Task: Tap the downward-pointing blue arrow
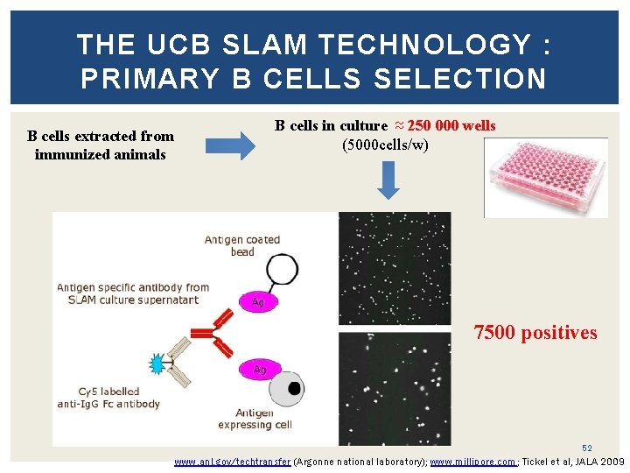[x=391, y=181]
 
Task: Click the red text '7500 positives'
[x=535, y=333]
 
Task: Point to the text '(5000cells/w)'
[x=385, y=144]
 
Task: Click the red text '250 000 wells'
[x=451, y=125]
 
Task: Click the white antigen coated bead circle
[x=282, y=269]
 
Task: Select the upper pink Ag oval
[x=257, y=302]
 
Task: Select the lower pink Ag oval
[x=259, y=370]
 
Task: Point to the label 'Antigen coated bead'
[x=241, y=245]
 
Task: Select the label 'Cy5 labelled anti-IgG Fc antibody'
[x=108, y=398]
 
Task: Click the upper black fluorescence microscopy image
[x=394, y=267]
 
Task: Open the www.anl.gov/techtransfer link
[x=232, y=461]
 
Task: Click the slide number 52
[x=587, y=448]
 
